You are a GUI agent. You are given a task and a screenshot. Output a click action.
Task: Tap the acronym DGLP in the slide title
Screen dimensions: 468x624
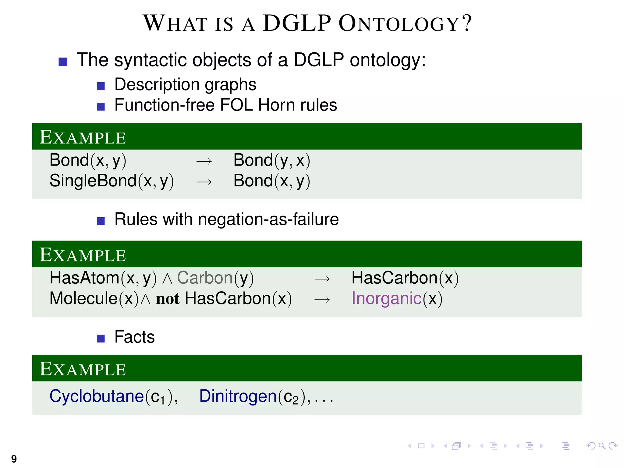297,23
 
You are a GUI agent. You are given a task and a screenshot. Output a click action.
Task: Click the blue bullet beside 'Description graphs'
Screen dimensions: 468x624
101,86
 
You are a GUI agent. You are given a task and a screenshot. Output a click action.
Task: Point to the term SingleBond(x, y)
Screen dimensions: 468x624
112,181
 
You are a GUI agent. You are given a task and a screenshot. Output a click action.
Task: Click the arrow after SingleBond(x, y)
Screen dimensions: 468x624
204,182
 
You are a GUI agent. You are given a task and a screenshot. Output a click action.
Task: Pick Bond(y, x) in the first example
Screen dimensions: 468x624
272,160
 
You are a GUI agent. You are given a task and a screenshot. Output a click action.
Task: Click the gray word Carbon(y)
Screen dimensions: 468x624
215,278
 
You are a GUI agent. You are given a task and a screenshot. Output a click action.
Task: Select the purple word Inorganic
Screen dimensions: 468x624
386,298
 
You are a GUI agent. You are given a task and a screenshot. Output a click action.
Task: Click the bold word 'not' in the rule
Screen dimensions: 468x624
168,299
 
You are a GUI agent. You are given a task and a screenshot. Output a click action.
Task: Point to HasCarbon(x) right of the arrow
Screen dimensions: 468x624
405,278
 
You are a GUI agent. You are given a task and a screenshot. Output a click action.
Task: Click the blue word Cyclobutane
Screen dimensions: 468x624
97,396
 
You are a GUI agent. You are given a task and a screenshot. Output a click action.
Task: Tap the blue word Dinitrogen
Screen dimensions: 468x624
238,396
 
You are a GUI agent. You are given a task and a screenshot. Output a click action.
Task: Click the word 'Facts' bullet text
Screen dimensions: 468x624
134,337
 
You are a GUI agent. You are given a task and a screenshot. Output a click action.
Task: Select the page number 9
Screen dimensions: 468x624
14,459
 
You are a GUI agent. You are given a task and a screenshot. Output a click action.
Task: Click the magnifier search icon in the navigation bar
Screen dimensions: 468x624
602,446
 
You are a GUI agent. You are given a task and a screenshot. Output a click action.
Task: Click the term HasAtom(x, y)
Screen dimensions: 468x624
103,278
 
